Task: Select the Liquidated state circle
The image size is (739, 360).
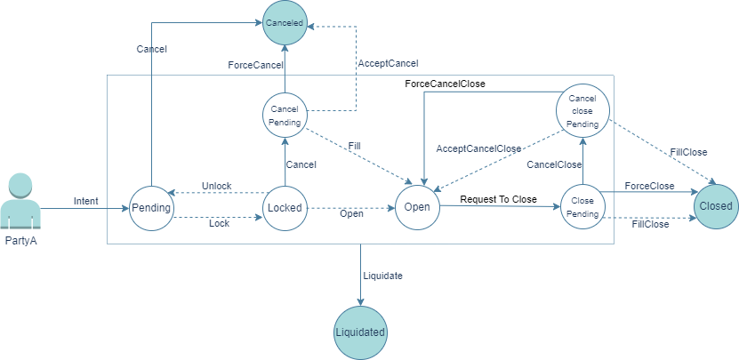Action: point(360,332)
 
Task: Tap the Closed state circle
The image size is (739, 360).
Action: point(717,206)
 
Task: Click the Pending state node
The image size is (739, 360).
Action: point(151,207)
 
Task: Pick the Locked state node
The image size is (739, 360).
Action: point(285,207)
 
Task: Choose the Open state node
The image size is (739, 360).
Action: point(417,207)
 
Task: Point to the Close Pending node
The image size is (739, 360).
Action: point(583,207)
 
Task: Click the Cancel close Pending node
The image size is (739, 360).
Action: point(582,112)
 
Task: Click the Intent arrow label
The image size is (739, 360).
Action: point(86,202)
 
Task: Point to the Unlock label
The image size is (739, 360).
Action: point(216,186)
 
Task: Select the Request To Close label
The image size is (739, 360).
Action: point(498,199)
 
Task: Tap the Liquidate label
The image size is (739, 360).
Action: point(382,276)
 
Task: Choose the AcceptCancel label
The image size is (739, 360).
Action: point(388,63)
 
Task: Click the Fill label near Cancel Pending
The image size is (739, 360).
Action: point(354,145)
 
